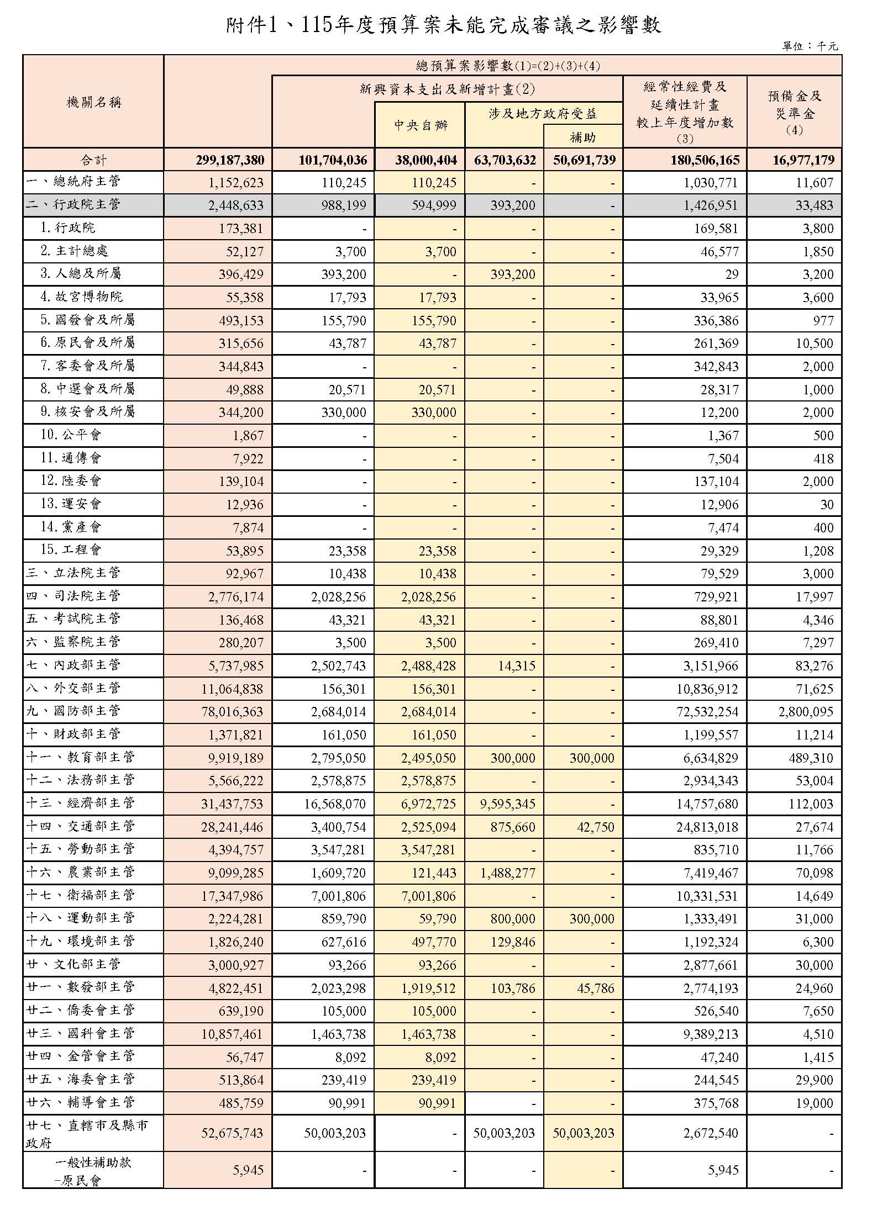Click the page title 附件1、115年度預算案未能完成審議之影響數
click(443, 25)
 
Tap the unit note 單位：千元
click(810, 46)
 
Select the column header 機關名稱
click(93, 102)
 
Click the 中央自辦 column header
click(421, 125)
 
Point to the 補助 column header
click(582, 137)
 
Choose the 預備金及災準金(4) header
click(794, 113)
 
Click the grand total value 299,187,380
click(230, 160)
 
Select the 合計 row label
click(93, 160)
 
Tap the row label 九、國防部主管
click(73, 711)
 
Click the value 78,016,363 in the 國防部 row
click(232, 712)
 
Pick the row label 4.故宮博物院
click(82, 297)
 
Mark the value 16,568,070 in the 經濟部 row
click(335, 804)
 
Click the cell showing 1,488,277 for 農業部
click(507, 873)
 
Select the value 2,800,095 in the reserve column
click(806, 712)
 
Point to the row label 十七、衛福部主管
click(81, 895)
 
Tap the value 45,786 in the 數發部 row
click(595, 989)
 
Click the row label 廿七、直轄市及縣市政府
click(87, 1133)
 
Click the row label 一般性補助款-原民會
click(93, 1170)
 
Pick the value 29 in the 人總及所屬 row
click(731, 274)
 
